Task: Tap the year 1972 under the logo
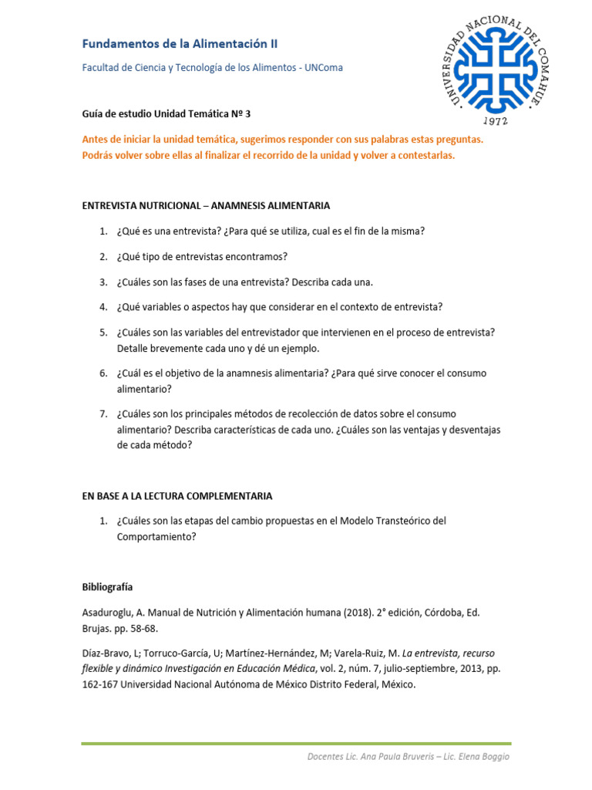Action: tap(495, 121)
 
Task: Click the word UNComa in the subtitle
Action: tap(325, 68)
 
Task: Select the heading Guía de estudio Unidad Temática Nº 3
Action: tap(166, 113)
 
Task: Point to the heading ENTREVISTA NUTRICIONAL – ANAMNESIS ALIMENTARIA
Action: tap(206, 206)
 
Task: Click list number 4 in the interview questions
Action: tap(103, 307)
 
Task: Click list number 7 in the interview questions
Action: tap(103, 414)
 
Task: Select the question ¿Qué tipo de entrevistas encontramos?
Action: tap(202, 257)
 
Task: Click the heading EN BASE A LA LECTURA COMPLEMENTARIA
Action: tap(177, 496)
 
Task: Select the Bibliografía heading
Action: tap(107, 587)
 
